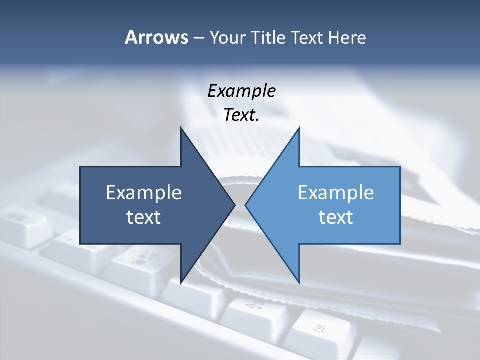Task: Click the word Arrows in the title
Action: [x=156, y=37]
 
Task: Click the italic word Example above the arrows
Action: [x=241, y=91]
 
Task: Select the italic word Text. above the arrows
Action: [x=240, y=115]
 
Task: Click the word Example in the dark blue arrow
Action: [x=144, y=193]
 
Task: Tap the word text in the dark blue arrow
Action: [x=144, y=217]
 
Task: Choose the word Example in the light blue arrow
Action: [x=336, y=193]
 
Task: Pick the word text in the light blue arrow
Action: [x=336, y=217]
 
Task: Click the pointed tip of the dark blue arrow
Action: [x=234, y=205]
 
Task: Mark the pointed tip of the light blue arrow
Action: [x=246, y=205]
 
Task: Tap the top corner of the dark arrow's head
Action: [x=181, y=128]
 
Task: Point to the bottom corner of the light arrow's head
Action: [x=299, y=282]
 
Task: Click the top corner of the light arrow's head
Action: [x=299, y=128]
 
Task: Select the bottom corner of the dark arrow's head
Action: [x=181, y=282]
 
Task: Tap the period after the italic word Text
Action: [x=257, y=120]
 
